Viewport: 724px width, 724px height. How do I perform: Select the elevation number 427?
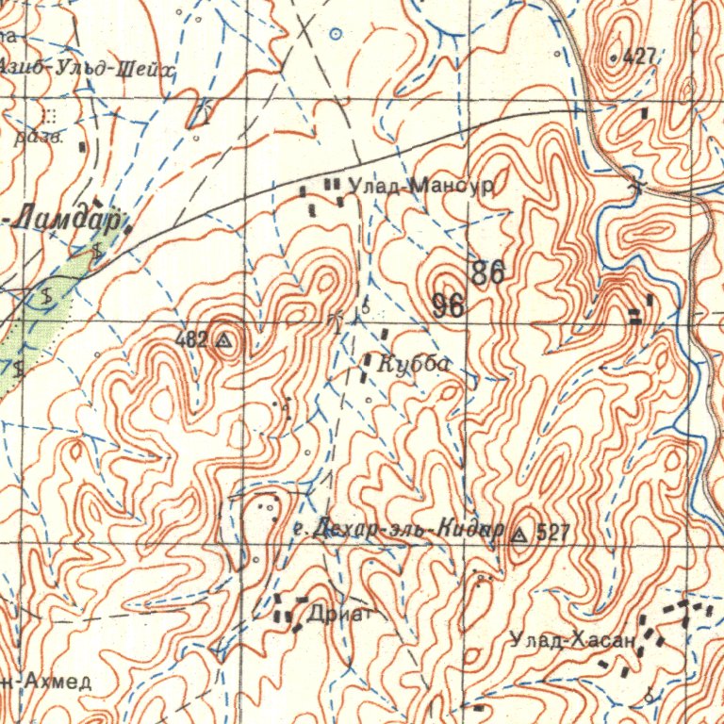[639, 57]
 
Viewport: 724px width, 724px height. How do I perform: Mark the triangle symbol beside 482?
[224, 340]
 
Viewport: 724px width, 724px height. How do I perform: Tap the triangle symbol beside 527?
[518, 535]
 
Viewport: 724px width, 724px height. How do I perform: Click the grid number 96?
[449, 305]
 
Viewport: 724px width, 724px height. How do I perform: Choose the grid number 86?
[488, 273]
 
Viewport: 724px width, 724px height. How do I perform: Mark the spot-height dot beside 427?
[614, 58]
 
